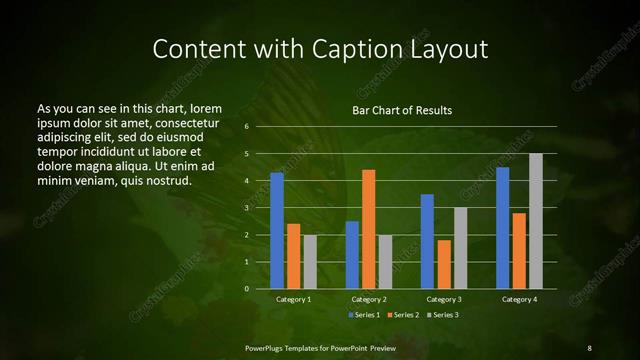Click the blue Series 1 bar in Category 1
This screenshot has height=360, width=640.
277,230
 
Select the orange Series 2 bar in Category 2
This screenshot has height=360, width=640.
368,229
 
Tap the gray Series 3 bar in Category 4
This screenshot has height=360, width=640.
536,221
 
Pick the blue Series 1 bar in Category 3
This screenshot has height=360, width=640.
427,241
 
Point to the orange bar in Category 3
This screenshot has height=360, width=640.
444,264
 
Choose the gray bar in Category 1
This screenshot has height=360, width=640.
310,261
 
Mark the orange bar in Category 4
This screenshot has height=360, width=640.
519,250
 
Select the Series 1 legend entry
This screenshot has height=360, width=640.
363,315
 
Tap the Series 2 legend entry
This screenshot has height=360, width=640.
402,315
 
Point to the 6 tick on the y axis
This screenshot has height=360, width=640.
245,127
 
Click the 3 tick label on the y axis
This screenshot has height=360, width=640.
245,208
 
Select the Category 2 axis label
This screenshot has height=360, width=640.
369,299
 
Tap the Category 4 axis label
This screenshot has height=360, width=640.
519,299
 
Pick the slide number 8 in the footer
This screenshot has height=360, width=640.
589,347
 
